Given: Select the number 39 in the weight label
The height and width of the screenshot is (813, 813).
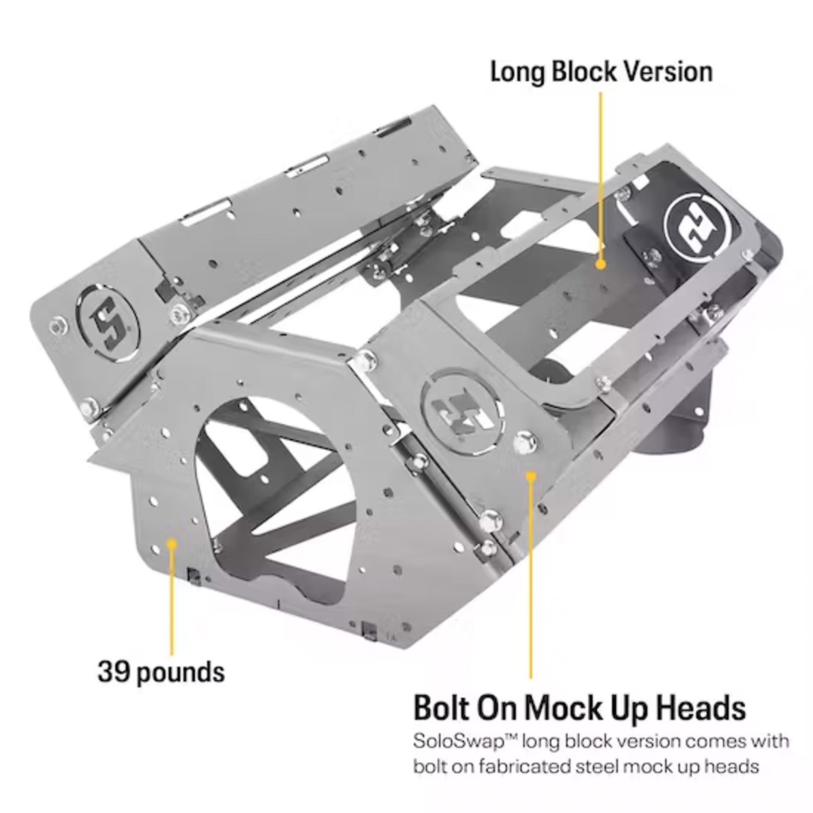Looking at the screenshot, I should [x=113, y=671].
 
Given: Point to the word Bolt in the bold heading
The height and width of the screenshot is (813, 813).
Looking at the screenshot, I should [x=442, y=708].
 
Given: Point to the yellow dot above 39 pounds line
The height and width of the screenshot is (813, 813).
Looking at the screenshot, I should [x=171, y=543].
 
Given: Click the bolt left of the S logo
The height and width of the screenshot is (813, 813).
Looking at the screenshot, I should [x=58, y=326].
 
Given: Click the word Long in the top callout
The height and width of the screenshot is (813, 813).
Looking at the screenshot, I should [x=517, y=72].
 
